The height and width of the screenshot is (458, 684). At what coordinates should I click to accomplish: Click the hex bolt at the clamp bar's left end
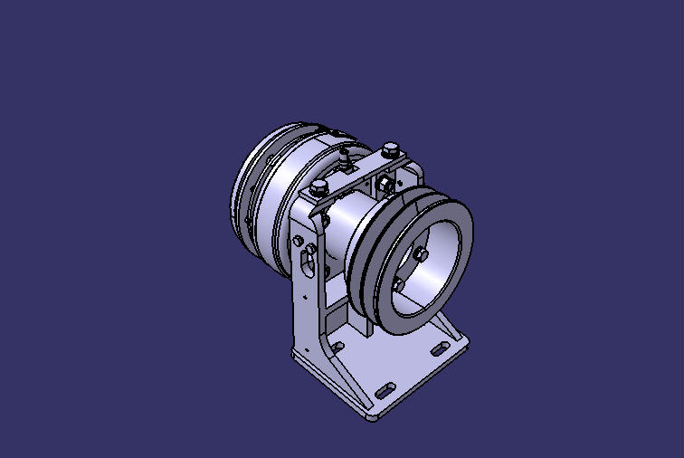(x=319, y=187)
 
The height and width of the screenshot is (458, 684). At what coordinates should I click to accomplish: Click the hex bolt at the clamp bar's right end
(x=390, y=149)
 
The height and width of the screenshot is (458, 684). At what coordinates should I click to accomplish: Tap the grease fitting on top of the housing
(x=347, y=160)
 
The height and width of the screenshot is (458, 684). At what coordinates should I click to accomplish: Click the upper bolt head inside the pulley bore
(x=421, y=253)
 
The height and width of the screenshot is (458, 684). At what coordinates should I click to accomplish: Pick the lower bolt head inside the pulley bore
(x=398, y=285)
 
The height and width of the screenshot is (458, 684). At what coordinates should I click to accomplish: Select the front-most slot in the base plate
(x=384, y=389)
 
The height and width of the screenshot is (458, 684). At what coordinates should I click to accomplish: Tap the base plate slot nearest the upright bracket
(x=337, y=346)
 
